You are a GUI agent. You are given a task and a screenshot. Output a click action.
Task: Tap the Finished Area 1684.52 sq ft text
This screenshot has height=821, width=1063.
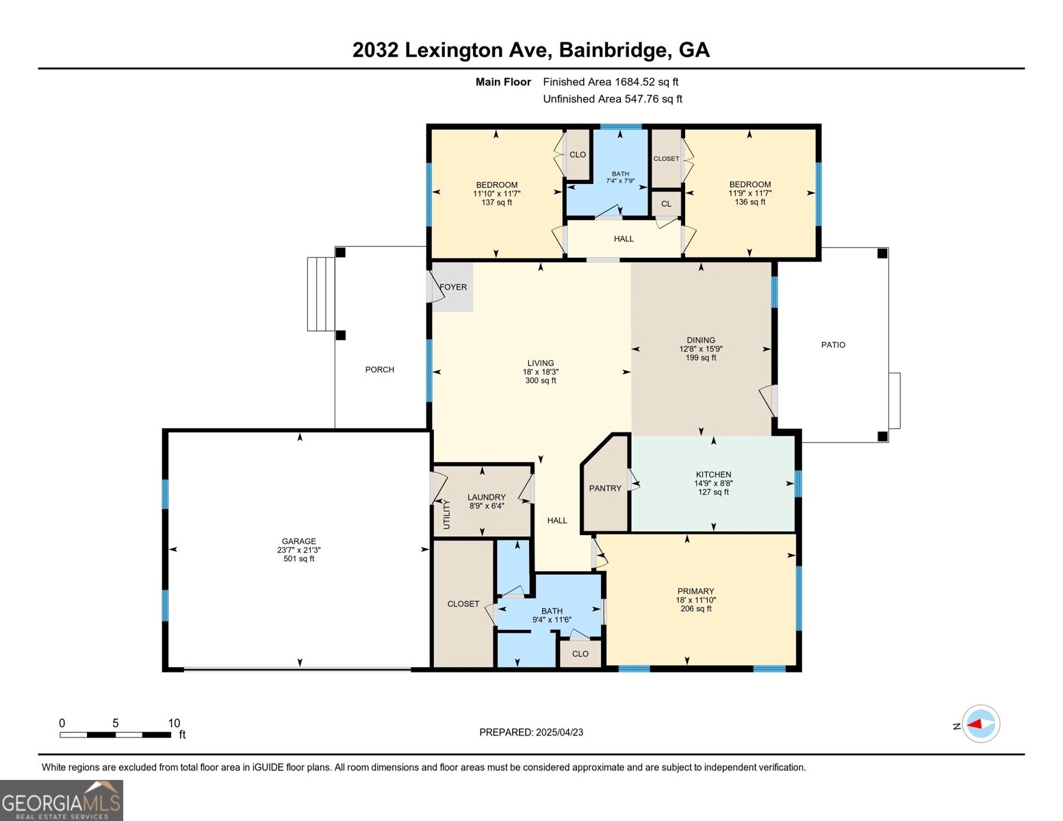click(611, 82)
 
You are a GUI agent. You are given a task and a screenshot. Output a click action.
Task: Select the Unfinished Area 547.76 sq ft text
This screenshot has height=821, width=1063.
click(613, 99)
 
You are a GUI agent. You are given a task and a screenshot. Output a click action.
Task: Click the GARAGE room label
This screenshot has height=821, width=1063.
click(299, 541)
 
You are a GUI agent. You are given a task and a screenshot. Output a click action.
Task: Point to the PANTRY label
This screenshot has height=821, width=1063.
click(605, 488)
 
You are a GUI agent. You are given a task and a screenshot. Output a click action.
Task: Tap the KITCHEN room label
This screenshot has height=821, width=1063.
click(713, 475)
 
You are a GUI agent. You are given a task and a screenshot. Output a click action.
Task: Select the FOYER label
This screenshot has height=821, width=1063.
click(453, 287)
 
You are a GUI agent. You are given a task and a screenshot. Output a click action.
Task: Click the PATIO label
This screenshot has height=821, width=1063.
click(833, 345)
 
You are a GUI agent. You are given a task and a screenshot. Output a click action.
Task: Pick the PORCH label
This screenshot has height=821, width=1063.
click(379, 369)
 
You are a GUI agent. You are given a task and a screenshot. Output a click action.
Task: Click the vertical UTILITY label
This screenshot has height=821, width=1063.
click(447, 514)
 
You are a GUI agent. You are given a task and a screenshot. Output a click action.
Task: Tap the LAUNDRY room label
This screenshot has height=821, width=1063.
click(486, 497)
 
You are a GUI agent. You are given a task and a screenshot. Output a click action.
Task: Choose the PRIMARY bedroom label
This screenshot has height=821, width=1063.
click(695, 591)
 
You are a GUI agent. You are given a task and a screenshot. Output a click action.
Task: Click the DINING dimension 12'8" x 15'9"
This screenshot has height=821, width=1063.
click(701, 349)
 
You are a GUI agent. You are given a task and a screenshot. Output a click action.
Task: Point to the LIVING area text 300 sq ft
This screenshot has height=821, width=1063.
click(541, 381)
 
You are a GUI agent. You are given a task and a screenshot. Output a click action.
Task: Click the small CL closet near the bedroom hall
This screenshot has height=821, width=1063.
click(666, 204)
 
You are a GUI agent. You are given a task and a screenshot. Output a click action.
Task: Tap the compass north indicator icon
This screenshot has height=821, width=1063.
click(981, 724)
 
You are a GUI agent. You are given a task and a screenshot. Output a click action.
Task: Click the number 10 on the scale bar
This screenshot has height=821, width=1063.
click(174, 723)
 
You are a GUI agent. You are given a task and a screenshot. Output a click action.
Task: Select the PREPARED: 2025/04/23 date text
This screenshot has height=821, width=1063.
click(531, 732)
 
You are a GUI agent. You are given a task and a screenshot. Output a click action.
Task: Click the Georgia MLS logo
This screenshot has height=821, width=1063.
click(62, 800)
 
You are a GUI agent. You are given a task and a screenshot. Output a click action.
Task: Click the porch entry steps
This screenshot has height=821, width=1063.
click(320, 294)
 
